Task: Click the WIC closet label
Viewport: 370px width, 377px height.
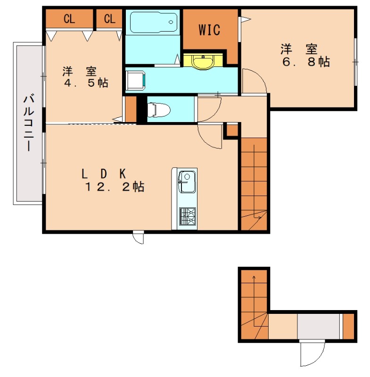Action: (209, 31)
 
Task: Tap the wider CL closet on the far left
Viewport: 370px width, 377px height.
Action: (69, 19)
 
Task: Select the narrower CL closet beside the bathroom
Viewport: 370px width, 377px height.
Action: (109, 19)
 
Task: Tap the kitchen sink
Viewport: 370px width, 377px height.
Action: (187, 182)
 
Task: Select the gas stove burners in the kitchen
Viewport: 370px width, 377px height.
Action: (187, 216)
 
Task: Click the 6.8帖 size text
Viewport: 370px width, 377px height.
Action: (305, 62)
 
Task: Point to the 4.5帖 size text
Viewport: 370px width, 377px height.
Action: (86, 83)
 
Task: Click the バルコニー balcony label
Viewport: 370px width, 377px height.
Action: (28, 123)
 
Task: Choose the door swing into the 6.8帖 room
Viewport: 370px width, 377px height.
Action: (255, 80)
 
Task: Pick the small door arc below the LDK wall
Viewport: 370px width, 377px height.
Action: (139, 238)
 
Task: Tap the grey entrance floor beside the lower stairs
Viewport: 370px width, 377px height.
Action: (318, 326)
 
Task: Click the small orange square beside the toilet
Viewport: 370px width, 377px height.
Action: (131, 109)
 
